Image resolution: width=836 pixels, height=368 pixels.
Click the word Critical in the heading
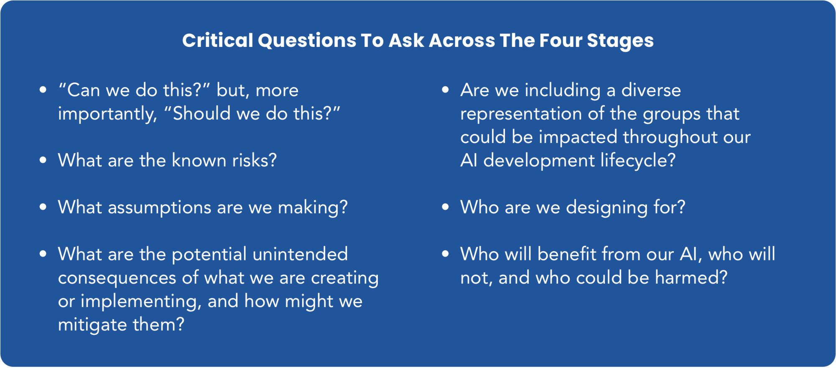218,41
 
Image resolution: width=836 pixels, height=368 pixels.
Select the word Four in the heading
561,41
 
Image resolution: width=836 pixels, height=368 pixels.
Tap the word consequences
117,278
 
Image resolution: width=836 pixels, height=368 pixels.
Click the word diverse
651,90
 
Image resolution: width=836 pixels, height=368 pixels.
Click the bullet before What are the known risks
43,160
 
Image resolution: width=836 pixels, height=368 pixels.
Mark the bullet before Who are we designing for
445,207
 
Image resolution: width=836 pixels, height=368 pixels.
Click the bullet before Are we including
445,90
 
